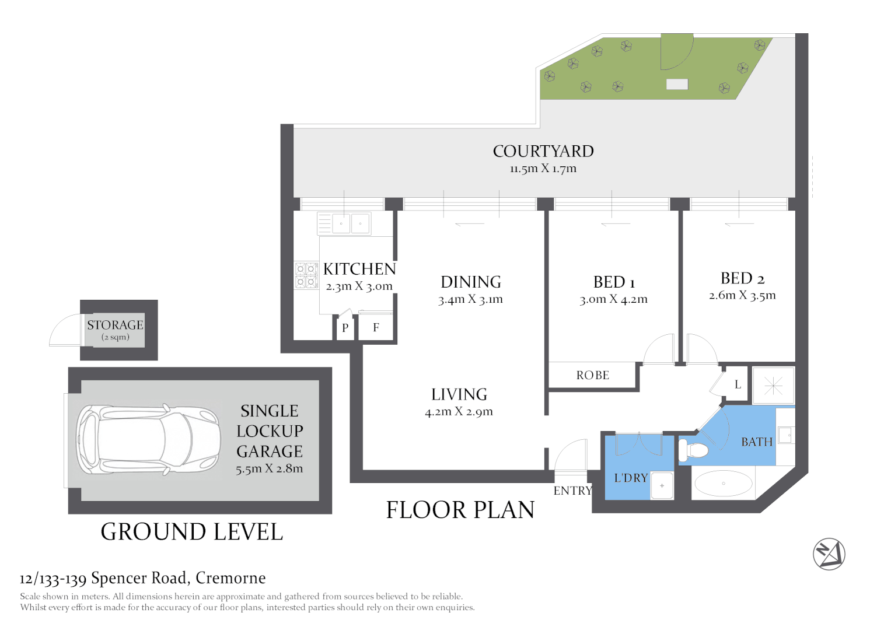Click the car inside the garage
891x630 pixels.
coord(148,440)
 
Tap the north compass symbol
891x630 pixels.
coord(829,554)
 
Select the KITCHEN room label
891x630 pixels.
coord(359,269)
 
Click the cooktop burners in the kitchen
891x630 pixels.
coord(306,275)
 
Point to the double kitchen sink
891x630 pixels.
coord(344,223)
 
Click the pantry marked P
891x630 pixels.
coord(345,328)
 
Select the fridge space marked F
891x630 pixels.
coord(376,327)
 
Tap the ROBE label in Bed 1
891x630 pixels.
coord(593,375)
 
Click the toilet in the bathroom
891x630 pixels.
coord(694,450)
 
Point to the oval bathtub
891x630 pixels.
coord(724,483)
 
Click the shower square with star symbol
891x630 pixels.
coord(773,386)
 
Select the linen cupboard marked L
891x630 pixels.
coord(738,384)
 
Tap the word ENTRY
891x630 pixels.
coord(573,491)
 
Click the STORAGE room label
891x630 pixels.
coord(116,325)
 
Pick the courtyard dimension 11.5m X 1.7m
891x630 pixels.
coord(543,169)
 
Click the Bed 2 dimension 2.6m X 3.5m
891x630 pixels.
coord(742,296)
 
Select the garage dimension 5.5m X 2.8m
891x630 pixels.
coord(270,468)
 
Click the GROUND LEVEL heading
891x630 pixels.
coord(192,532)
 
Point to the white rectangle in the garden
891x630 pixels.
coord(677,84)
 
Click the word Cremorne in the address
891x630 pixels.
coord(230,578)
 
